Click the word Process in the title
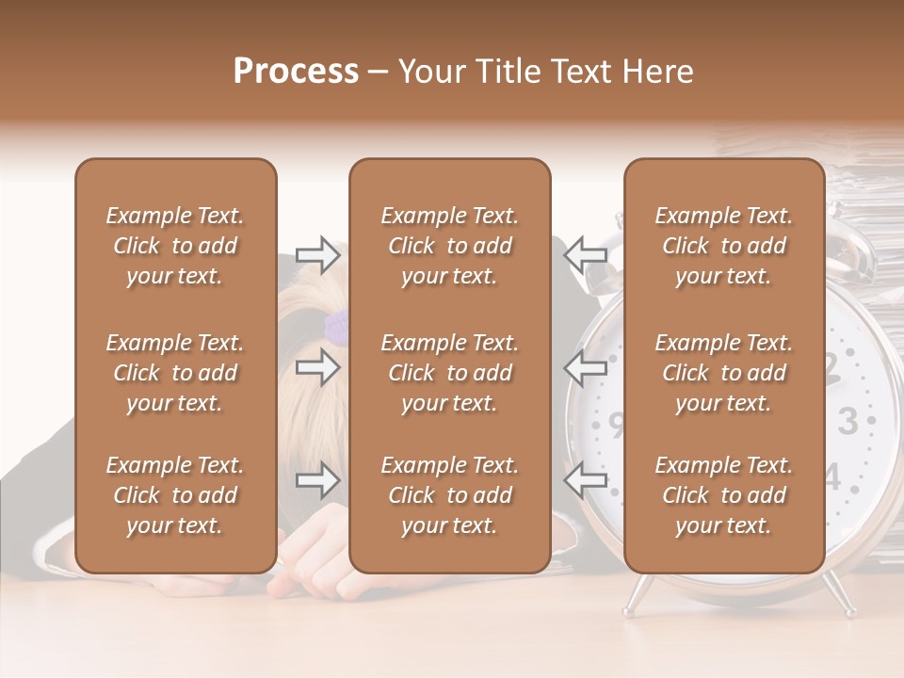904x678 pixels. pos(296,72)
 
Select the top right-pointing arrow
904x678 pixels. pos(318,254)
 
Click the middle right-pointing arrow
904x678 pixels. pos(318,367)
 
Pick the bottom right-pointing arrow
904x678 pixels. pos(318,481)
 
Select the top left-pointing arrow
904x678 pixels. pos(586,254)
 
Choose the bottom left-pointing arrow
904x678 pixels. pos(586,481)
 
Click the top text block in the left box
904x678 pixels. pos(175,246)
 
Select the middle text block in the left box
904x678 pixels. pos(175,373)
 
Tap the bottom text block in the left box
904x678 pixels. pos(175,495)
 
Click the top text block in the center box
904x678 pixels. pos(449,246)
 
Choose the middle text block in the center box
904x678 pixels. pos(449,373)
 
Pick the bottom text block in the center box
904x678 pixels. pos(449,495)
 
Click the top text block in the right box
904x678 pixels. pos(723,246)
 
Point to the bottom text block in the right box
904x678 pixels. pos(723,495)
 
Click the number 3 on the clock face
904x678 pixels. pos(847,421)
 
